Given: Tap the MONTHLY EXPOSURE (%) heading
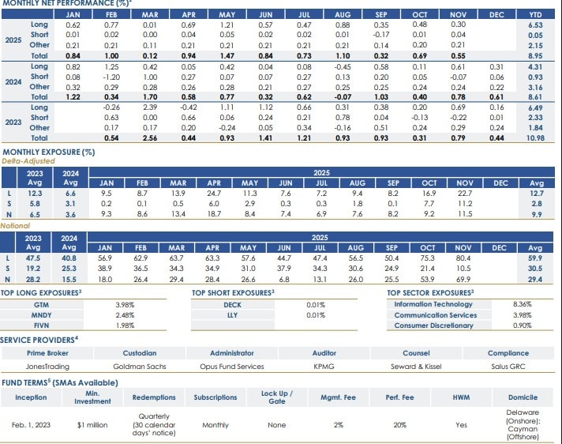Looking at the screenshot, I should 49,152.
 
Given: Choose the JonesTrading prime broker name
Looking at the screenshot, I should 47,367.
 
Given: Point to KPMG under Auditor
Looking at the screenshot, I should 324,367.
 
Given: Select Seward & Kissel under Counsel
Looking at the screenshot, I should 414,367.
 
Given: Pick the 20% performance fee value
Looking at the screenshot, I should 400,424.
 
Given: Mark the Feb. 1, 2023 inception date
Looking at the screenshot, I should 31,424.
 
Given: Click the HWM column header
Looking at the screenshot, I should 461,397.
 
